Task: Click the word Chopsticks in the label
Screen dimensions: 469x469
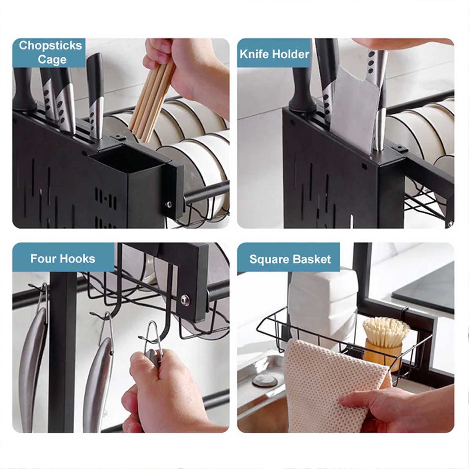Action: click(x=50, y=46)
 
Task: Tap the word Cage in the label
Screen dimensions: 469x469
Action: click(x=52, y=60)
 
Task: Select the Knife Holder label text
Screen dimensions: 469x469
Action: click(x=274, y=54)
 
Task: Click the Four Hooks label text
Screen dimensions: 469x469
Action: click(x=63, y=259)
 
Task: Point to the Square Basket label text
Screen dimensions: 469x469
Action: click(x=290, y=259)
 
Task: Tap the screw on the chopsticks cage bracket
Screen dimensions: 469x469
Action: click(x=169, y=204)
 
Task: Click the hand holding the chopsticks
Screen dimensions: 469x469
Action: click(x=186, y=70)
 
